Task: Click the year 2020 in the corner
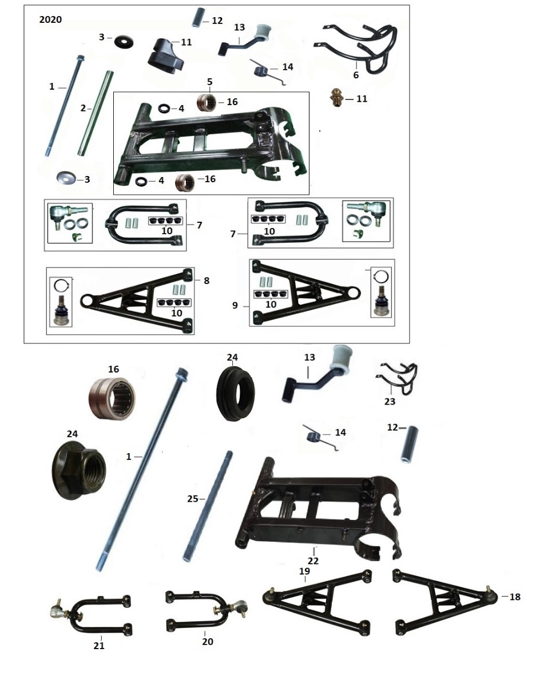[50, 19]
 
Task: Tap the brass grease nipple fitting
[337, 98]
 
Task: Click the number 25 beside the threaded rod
[193, 499]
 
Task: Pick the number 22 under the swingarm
[313, 561]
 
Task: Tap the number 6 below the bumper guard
[356, 75]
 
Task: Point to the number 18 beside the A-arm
[515, 597]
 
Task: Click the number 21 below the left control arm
[99, 645]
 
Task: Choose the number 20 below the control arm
[208, 642]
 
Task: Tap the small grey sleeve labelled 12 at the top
[198, 17]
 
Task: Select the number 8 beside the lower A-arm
[207, 281]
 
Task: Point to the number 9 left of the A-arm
[235, 305]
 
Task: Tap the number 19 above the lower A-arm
[304, 571]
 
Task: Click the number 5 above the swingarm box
[210, 82]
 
